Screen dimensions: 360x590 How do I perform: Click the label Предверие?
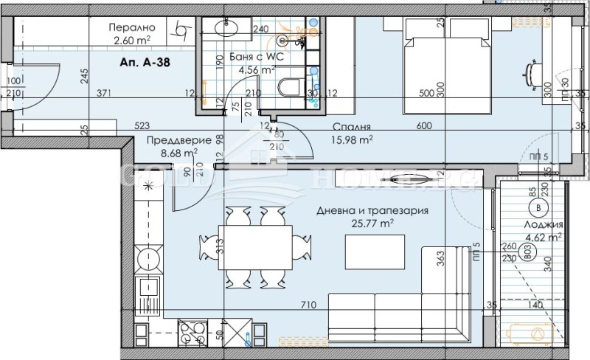tap(173, 140)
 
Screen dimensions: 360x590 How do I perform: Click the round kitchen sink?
tap(146, 259)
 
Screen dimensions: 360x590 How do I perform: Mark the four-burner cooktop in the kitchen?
tap(190, 335)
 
